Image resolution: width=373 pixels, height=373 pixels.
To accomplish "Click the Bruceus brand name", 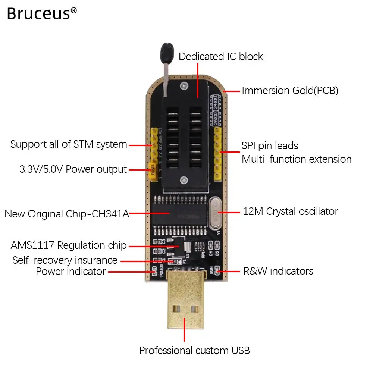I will click(x=38, y=14).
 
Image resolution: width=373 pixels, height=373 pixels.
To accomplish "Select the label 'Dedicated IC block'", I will click(x=221, y=57).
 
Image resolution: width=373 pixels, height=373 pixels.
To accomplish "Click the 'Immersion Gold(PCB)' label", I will click(x=290, y=91).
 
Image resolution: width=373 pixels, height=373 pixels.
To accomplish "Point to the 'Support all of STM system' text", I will click(x=69, y=144).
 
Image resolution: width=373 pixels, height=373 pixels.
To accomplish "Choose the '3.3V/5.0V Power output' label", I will click(x=73, y=169).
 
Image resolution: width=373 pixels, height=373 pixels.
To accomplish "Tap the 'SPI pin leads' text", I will click(x=270, y=145).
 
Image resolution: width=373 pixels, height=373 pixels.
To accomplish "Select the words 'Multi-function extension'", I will click(x=297, y=159).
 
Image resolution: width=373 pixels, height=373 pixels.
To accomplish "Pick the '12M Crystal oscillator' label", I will click(x=290, y=211).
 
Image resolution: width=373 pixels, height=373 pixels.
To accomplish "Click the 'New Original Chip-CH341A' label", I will click(x=67, y=214).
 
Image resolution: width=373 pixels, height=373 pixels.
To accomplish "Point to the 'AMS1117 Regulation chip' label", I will click(x=69, y=245).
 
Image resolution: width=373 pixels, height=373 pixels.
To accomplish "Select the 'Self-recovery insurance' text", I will click(x=65, y=260).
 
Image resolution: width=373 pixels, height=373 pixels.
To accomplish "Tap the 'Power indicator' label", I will click(x=71, y=272).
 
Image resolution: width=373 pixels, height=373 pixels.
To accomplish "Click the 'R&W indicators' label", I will click(x=278, y=271).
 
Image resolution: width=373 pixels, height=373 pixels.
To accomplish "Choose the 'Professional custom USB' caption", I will click(x=194, y=351).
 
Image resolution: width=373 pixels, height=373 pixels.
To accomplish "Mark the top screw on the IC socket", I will click(x=183, y=86).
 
